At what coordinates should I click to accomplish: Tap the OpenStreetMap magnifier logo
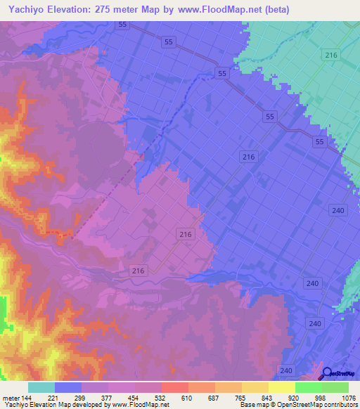(327, 374)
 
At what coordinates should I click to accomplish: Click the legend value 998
(322, 398)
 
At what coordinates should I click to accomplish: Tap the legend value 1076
(347, 398)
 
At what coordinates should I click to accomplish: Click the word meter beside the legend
(10, 398)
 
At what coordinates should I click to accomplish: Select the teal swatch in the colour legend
(41, 387)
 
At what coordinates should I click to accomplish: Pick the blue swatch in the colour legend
(68, 387)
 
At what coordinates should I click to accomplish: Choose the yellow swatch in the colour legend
(281, 387)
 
